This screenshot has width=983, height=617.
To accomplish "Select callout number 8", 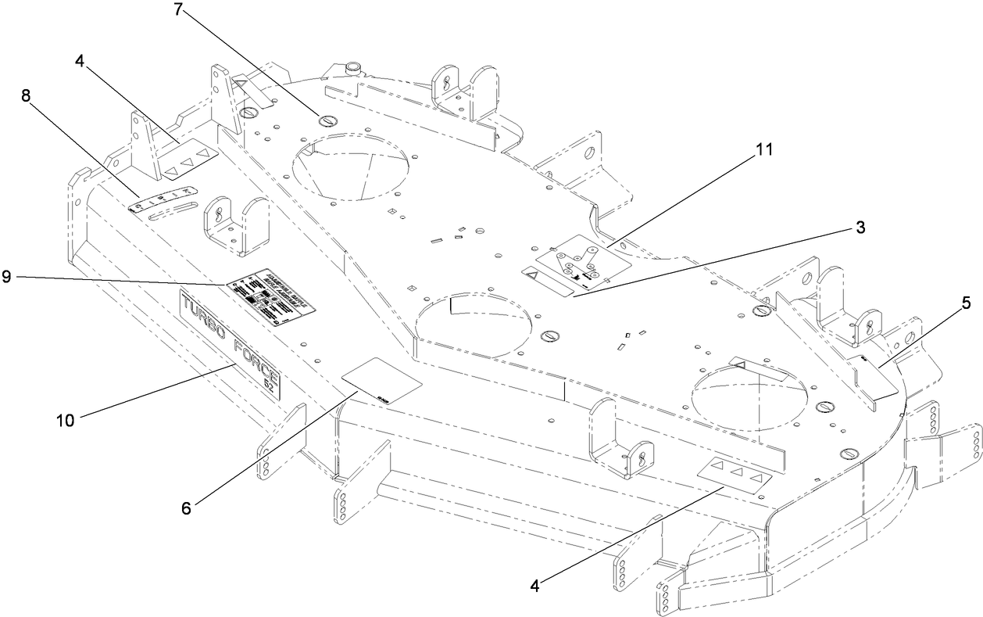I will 27,96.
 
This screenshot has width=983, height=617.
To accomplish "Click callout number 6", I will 186,507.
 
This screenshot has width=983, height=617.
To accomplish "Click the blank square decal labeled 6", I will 381,381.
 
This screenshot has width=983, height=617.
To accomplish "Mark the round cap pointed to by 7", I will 326,119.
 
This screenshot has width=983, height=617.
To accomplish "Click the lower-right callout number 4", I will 536,584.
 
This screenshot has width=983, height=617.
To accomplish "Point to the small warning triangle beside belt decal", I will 531,276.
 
